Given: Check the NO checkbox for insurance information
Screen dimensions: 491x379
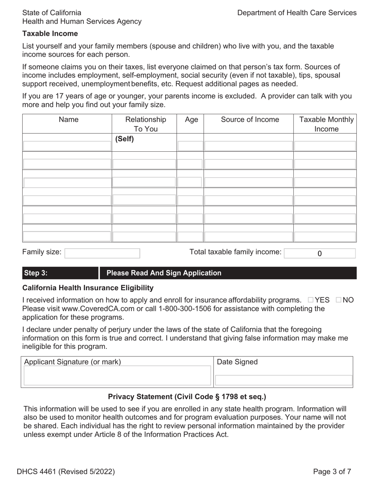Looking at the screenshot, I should click(339, 300).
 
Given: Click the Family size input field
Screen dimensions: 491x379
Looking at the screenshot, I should click(102, 253).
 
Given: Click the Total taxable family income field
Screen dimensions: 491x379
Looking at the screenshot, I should click(320, 253).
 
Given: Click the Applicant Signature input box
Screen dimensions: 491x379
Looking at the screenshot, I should click(117, 376).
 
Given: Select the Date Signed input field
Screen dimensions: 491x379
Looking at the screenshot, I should click(283, 380).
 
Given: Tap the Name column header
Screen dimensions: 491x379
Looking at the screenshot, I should click(69, 120).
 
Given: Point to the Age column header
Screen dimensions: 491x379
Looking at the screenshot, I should click(191, 120).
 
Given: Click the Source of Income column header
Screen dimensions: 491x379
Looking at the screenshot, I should click(250, 120).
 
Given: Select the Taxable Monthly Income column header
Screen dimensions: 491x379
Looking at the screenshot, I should click(326, 124).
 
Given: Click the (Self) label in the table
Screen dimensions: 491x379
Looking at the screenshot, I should click(124, 139).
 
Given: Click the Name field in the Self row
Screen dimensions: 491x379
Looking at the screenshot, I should click(67, 146).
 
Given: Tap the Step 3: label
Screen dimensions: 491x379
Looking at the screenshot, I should click(36, 273).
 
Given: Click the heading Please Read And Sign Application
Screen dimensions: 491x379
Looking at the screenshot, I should click(164, 273).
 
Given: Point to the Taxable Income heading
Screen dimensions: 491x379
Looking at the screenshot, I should click(50, 34).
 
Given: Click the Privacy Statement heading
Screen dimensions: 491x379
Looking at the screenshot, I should click(187, 397).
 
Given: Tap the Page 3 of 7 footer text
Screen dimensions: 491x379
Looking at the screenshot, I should click(332, 472).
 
